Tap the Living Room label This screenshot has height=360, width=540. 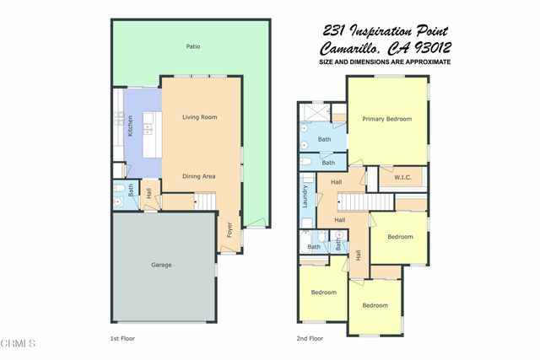click(x=200, y=117)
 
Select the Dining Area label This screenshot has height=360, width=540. click(x=200, y=176)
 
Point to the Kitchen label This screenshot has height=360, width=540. click(x=130, y=126)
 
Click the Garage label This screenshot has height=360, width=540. click(x=161, y=265)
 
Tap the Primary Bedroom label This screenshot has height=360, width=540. click(x=387, y=119)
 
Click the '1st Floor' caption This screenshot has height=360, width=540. click(x=122, y=338)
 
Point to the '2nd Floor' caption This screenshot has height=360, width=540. click(x=310, y=338)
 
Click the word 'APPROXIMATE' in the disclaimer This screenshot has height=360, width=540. click(x=426, y=62)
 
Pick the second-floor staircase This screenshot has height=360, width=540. click(x=365, y=201)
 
